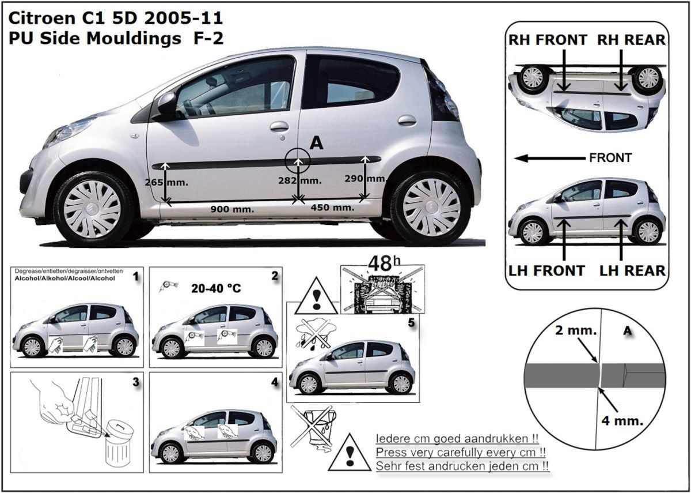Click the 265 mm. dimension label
(x=166, y=183)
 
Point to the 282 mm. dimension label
(x=300, y=180)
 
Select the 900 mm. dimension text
(x=232, y=209)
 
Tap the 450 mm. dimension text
(x=333, y=208)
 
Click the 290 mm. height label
(x=366, y=179)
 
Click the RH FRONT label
(x=548, y=40)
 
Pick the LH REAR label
(x=632, y=271)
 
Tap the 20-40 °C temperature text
(x=216, y=288)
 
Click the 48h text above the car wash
(x=385, y=264)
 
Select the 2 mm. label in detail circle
(x=576, y=330)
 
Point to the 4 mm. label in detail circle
(x=622, y=421)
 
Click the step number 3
(x=136, y=382)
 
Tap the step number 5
(x=411, y=323)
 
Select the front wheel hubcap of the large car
(x=92, y=209)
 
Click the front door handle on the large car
(x=279, y=126)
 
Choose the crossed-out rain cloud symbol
(x=314, y=335)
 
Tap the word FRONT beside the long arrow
(x=610, y=158)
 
